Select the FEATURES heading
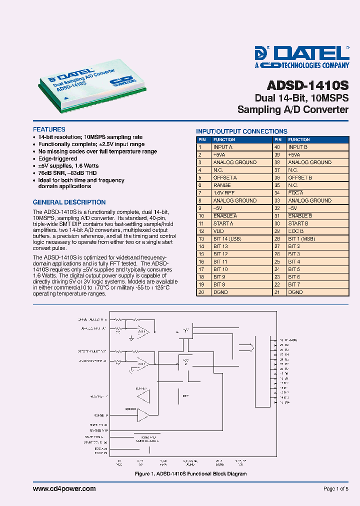(49, 129)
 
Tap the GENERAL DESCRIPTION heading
(69, 202)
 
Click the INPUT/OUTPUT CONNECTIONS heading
(241, 131)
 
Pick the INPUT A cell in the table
(223, 147)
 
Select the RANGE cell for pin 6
(222, 185)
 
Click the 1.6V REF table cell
(223, 192)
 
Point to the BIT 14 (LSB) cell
(227, 238)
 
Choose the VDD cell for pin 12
(218, 231)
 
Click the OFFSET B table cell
(300, 177)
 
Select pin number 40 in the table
(276, 147)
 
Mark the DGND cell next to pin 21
(295, 292)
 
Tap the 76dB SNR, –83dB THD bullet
(68, 172)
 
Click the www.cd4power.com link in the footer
(64, 488)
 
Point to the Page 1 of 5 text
(336, 489)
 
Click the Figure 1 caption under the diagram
(191, 473)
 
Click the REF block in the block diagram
(185, 395)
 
